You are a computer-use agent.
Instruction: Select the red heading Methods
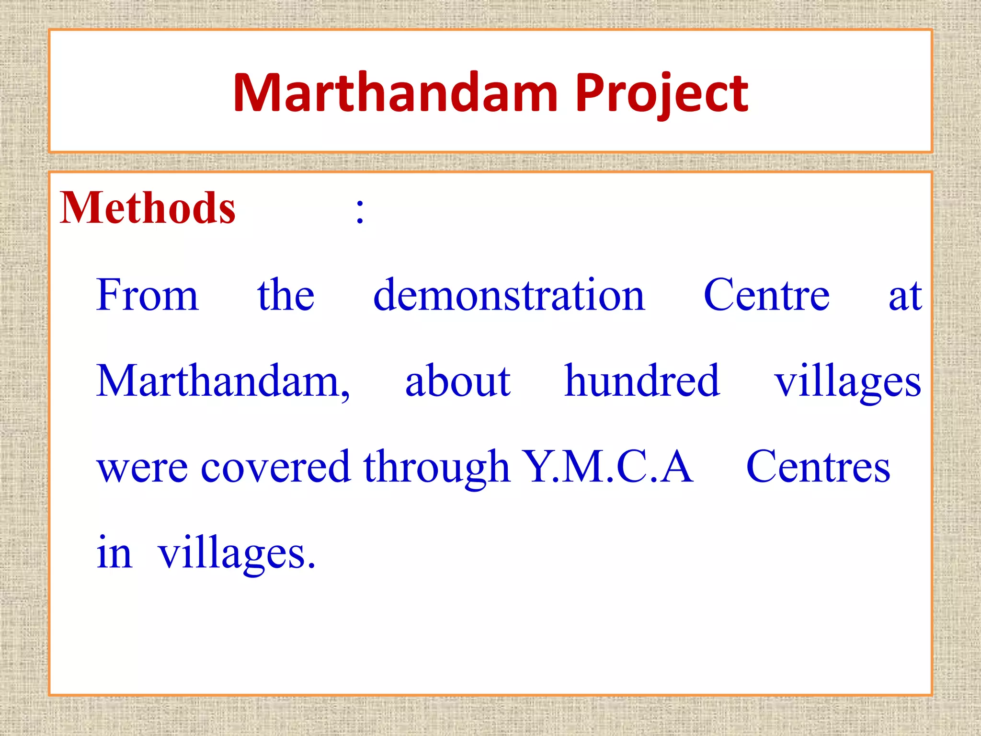click(x=148, y=208)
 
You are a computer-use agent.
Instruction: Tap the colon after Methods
click(x=360, y=211)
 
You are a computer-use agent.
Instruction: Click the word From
click(x=147, y=295)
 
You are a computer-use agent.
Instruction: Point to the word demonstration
click(x=509, y=295)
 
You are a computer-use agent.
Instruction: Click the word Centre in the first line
click(x=766, y=295)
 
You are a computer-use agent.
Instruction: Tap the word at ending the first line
click(x=905, y=296)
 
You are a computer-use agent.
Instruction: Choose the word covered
click(x=275, y=468)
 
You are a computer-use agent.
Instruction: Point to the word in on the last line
click(x=114, y=552)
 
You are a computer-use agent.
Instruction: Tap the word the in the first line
click(x=286, y=295)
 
